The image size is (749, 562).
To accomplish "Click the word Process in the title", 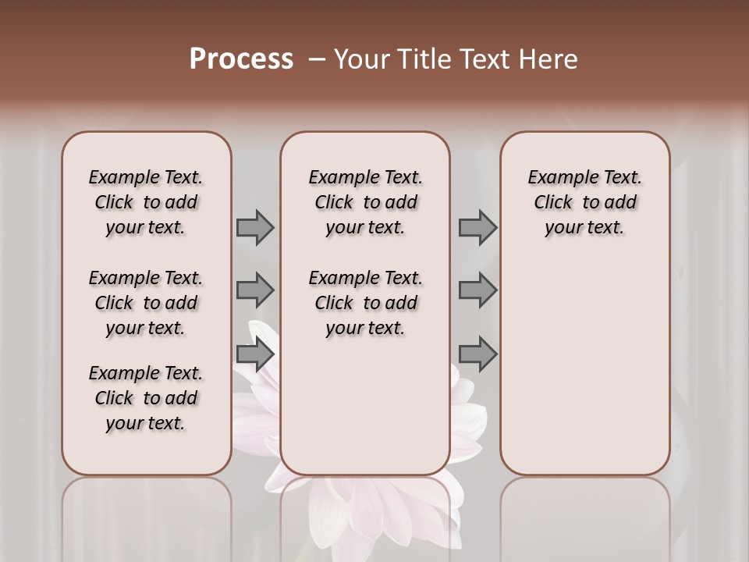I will (x=241, y=59).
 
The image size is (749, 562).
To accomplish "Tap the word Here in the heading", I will (x=548, y=59).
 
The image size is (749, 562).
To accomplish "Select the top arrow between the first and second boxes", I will (x=255, y=227).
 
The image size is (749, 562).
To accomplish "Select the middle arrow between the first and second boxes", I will (x=255, y=290).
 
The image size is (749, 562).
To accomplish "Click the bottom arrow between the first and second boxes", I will (x=255, y=354).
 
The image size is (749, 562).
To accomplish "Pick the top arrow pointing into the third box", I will (x=477, y=227).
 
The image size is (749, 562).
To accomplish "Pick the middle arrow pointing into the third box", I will (x=477, y=290).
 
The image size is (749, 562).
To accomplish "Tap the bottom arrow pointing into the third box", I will (x=477, y=354).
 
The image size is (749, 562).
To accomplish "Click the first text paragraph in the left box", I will (x=146, y=202).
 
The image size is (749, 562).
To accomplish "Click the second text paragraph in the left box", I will (x=146, y=303).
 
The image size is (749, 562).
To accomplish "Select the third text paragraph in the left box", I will (x=146, y=398).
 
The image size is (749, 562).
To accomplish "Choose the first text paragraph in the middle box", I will (x=365, y=202).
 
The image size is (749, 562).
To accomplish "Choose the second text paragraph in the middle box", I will (x=365, y=303).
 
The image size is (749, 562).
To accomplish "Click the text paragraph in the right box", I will (x=584, y=202).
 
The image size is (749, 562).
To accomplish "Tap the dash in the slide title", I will (x=316, y=59).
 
